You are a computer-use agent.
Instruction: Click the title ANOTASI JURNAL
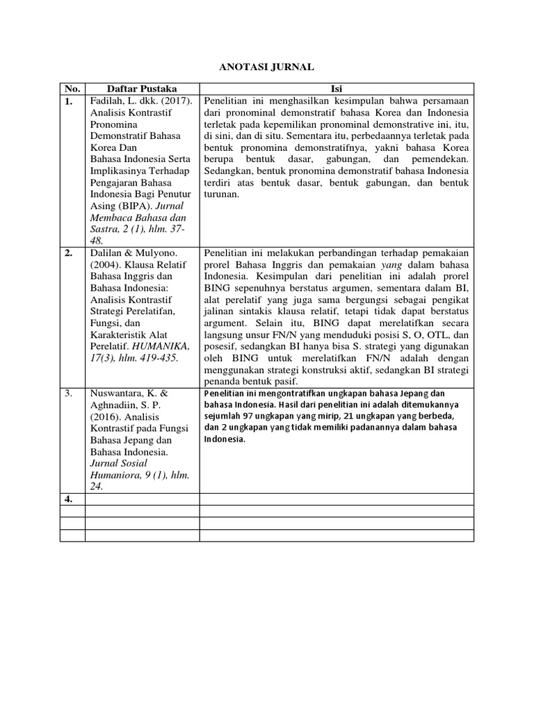267,67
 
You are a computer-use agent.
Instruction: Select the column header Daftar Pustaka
142,89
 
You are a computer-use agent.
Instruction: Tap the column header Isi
337,89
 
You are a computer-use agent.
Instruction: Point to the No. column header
72,89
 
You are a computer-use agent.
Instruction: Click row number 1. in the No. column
70,102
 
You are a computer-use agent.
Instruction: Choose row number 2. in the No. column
70,253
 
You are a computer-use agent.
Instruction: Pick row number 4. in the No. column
70,499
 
